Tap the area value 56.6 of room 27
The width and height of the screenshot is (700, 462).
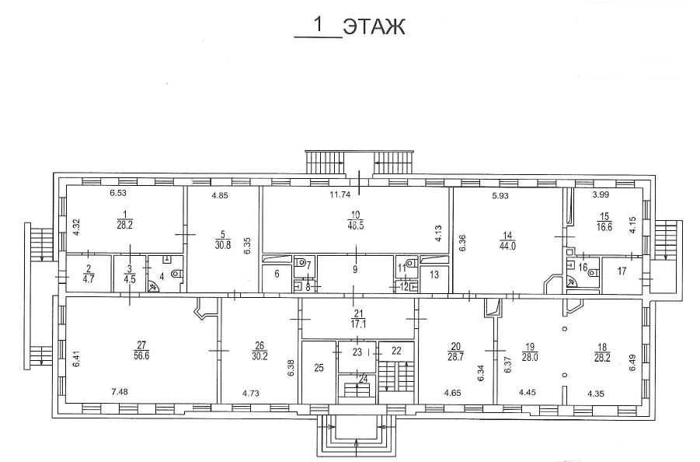141,355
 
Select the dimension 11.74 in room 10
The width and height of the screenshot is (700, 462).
340,194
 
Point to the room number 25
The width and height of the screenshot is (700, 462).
319,368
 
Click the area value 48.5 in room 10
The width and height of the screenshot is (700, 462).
356,226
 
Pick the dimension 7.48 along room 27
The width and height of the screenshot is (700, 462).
120,392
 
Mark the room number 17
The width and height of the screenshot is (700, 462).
622,271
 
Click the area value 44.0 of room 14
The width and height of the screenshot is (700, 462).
508,246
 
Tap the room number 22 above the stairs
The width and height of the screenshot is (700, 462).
396,351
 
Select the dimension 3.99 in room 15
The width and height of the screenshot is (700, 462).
601,194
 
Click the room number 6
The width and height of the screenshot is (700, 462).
277,274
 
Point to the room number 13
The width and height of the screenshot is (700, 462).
434,275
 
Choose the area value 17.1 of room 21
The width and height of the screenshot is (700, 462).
359,324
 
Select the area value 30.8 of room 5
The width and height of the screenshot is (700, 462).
223,244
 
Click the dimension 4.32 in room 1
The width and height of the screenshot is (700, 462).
76,226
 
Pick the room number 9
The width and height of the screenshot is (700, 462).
355,269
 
